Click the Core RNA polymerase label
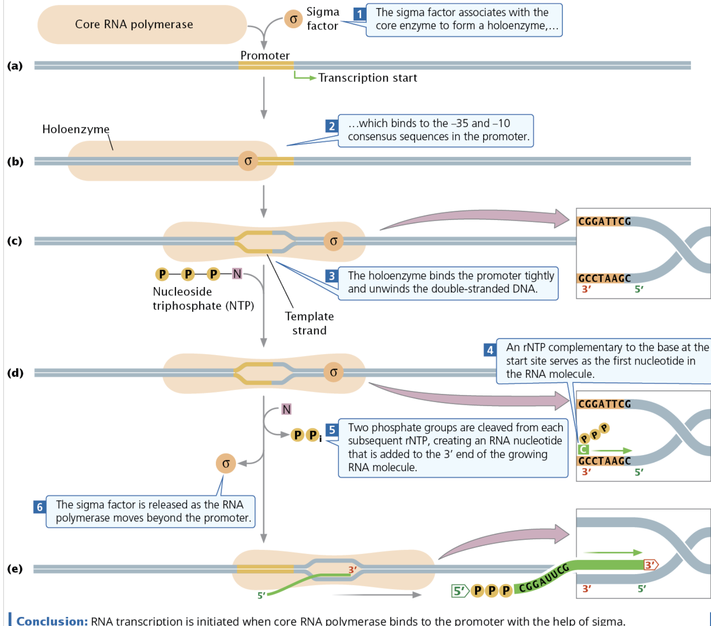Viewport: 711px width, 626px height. [134, 24]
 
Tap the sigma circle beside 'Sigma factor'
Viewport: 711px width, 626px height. [293, 19]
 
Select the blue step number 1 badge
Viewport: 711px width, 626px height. [359, 14]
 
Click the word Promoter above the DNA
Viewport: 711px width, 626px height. [265, 56]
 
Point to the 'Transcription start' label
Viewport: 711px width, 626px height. [368, 78]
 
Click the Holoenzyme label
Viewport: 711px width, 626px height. [76, 129]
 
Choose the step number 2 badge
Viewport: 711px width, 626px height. [331, 126]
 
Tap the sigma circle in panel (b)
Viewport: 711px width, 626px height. [248, 161]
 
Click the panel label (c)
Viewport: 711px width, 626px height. [15, 241]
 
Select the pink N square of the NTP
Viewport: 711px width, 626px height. [237, 274]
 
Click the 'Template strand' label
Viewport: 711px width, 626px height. [309, 323]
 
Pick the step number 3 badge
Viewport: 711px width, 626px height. [331, 276]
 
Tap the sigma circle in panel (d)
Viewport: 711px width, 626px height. [334, 372]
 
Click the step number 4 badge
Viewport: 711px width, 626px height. [490, 350]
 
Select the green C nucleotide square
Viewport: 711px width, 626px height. [583, 450]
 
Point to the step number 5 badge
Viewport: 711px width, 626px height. [331, 430]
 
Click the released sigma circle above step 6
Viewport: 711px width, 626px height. [226, 463]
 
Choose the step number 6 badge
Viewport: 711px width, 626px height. [39, 507]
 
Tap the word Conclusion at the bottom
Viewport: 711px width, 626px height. [52, 621]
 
